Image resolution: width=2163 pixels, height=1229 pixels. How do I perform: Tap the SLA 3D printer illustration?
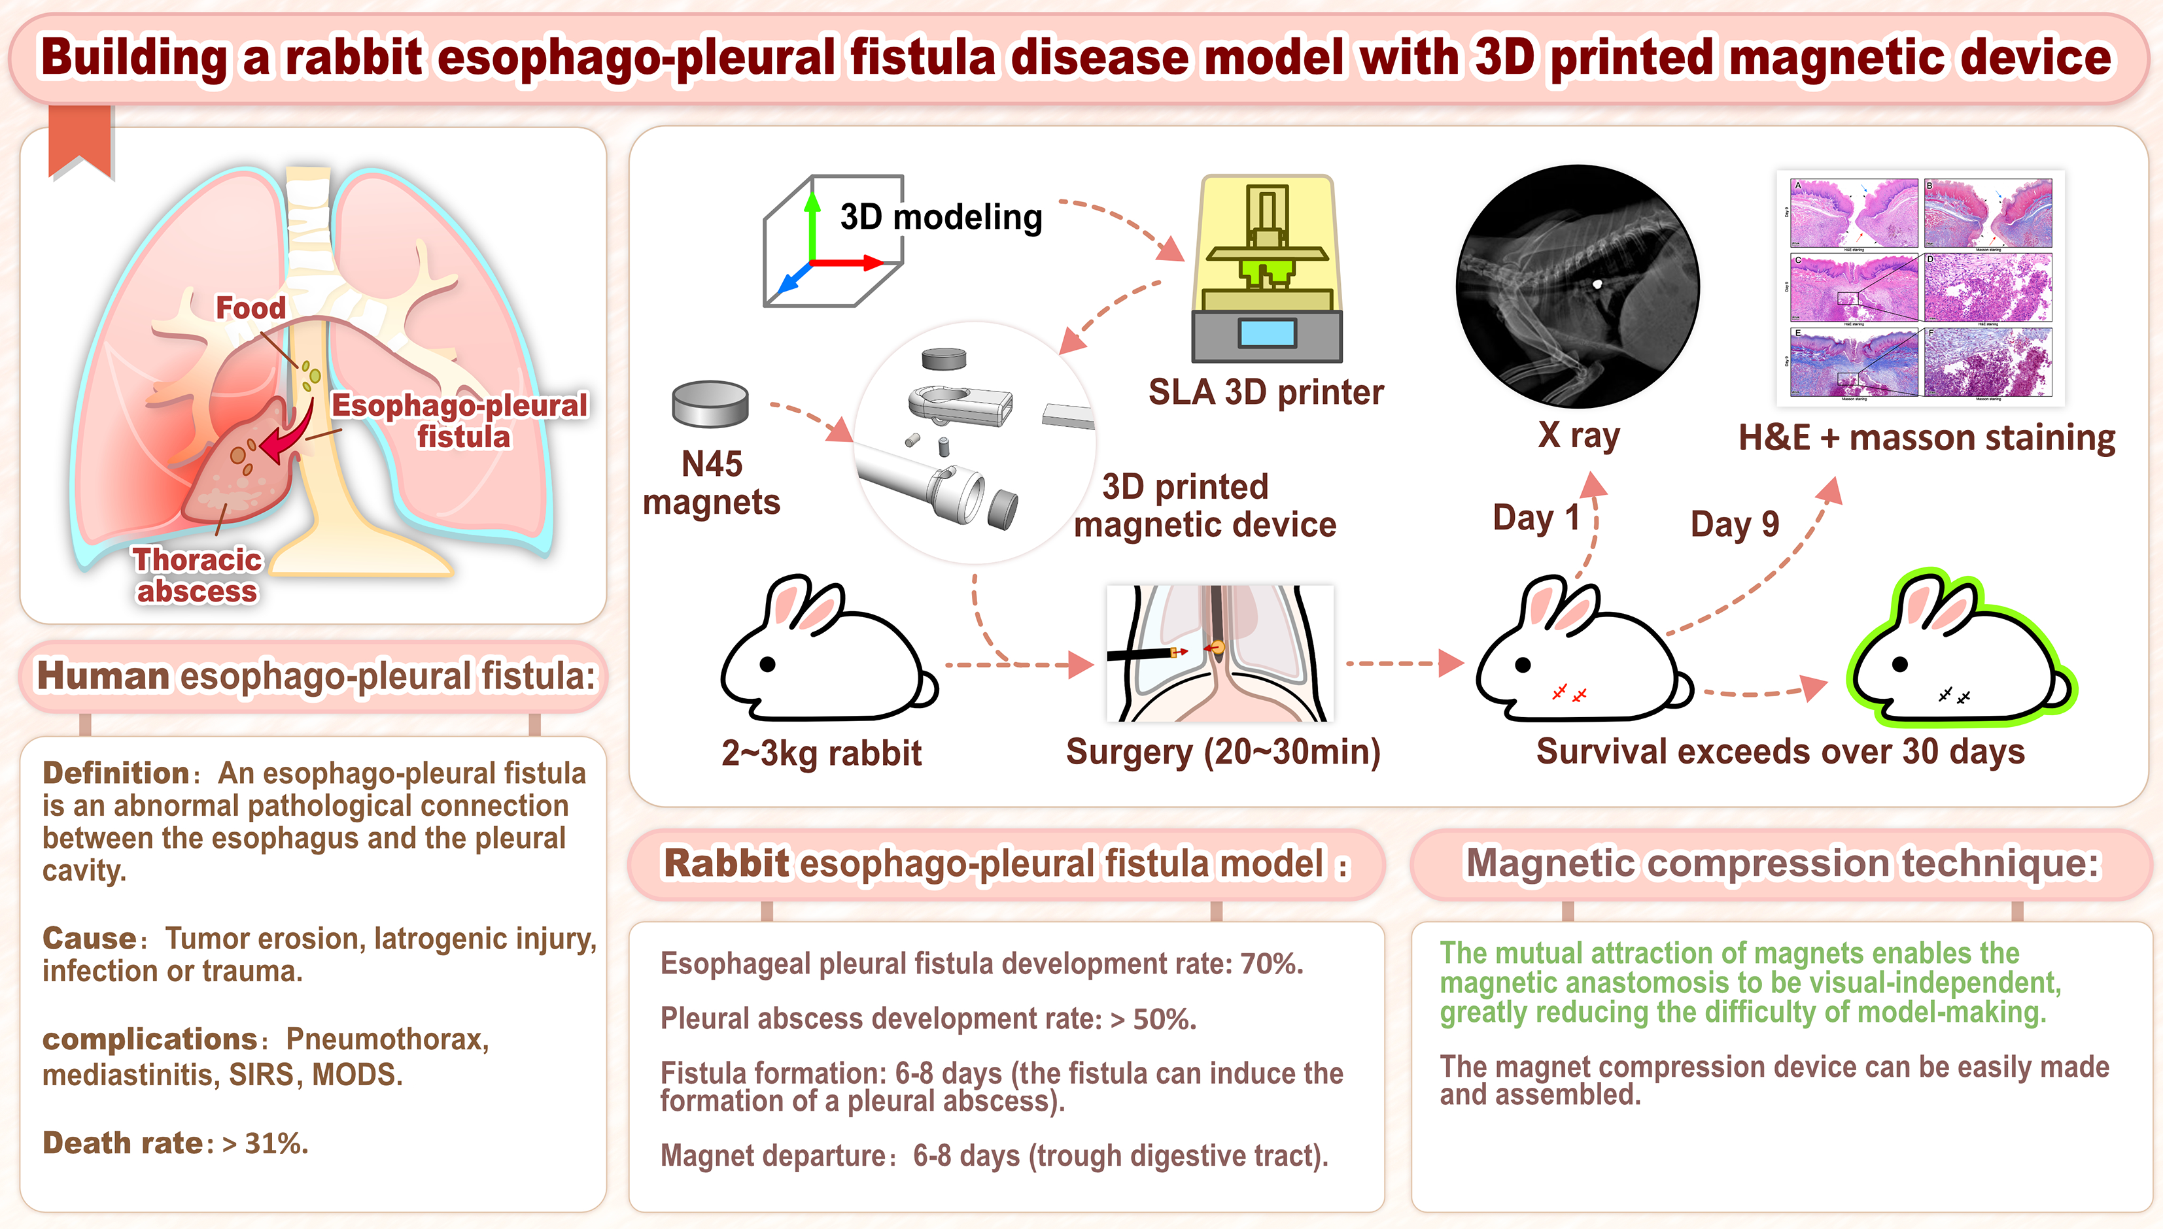click(x=1266, y=270)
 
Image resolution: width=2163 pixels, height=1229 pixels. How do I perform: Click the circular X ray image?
click(x=1577, y=287)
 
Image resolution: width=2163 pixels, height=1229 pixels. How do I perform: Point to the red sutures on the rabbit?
click(x=1568, y=694)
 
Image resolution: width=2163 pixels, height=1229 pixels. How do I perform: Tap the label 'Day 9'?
click(x=1734, y=524)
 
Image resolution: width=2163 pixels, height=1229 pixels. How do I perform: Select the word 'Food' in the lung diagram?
click(x=250, y=308)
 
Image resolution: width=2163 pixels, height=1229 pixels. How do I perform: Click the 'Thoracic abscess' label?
click(x=197, y=575)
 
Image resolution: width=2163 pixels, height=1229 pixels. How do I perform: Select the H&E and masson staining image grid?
click(x=1921, y=288)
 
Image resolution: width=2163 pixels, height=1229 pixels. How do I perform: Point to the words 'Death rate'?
click(x=123, y=1143)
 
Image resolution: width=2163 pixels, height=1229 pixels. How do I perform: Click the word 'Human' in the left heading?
click(x=103, y=676)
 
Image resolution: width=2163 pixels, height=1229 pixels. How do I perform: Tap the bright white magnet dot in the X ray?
click(x=1597, y=284)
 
